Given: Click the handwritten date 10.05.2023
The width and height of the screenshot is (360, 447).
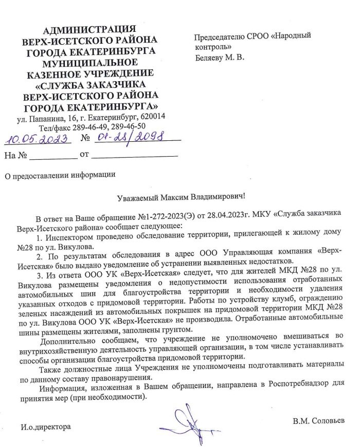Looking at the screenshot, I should tap(35, 139).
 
